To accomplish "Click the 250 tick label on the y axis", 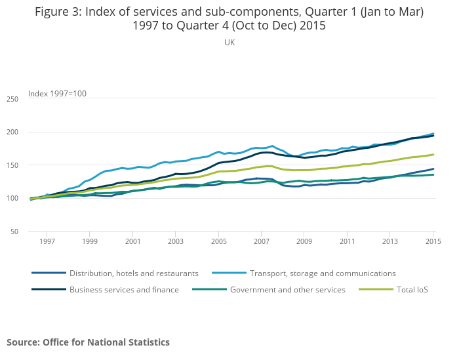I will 12,99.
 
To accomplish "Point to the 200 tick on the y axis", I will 12,132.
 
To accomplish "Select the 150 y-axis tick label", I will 12,165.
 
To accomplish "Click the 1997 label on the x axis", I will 47,242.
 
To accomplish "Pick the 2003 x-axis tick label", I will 176,242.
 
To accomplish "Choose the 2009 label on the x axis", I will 304,242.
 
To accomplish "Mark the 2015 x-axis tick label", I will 433,242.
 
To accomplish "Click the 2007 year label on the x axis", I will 262,242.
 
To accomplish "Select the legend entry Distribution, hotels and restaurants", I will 134,273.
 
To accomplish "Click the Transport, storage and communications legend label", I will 323,273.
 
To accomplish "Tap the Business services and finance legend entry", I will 124,290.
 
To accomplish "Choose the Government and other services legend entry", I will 287,290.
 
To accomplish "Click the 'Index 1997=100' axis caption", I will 57,94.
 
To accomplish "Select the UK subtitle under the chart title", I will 229,42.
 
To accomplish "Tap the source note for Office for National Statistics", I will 88,342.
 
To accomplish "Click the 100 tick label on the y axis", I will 12,198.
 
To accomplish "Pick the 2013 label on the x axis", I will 390,242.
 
